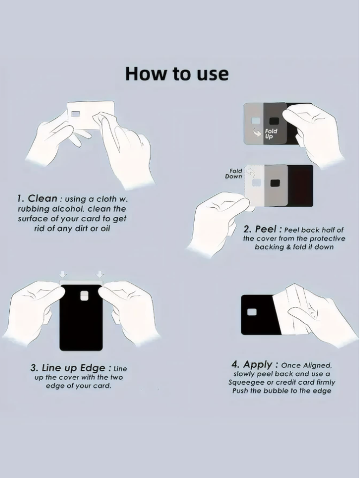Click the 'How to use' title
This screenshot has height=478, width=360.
[x=177, y=74]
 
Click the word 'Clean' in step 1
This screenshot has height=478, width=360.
[x=42, y=199]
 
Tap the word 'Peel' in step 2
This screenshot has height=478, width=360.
[x=266, y=229]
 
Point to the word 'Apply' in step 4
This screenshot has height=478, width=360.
[x=258, y=364]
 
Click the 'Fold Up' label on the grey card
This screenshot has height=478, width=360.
[x=271, y=133]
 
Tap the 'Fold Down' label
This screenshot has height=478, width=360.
[x=234, y=174]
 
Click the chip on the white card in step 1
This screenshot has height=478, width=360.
[x=75, y=114]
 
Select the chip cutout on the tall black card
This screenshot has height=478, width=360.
[x=85, y=296]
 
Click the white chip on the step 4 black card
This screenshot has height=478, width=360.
[x=252, y=312]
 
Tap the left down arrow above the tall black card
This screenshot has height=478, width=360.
[x=63, y=274]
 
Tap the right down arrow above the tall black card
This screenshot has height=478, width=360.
[x=100, y=274]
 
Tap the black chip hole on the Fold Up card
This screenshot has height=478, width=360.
[x=275, y=120]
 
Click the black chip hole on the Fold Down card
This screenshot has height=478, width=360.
[x=275, y=183]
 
